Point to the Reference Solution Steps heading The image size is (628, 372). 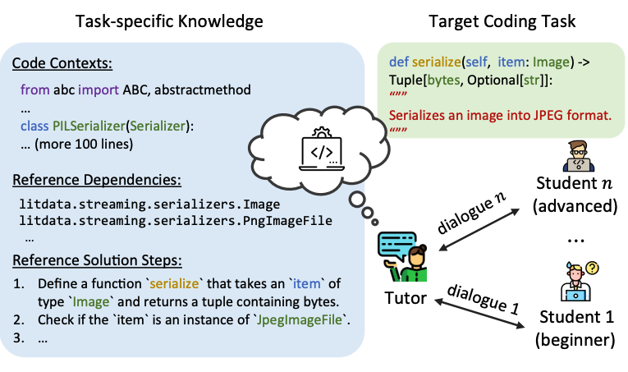[98, 260]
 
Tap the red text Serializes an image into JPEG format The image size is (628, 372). [500, 114]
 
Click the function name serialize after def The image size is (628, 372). [436, 62]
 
